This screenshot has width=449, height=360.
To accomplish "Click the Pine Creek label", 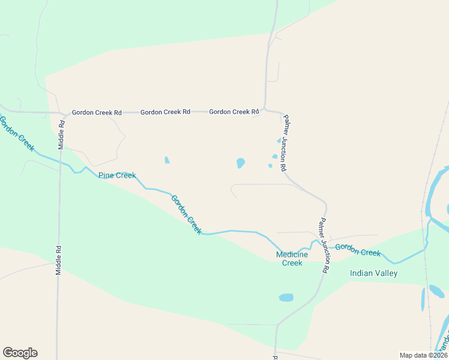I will click(117, 175).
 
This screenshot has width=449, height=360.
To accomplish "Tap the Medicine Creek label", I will click(292, 259).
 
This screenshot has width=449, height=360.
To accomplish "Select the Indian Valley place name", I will click(373, 273).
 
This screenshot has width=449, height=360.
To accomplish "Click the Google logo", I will click(20, 353).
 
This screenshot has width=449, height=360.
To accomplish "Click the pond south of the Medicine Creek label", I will click(286, 297).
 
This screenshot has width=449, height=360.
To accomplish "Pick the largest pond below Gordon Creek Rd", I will click(241, 163).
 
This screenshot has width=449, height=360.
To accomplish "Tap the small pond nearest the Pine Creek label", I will click(167, 160).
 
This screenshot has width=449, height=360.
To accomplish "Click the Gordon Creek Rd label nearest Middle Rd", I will click(97, 112).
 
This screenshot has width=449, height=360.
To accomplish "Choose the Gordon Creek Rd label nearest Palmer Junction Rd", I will click(234, 112).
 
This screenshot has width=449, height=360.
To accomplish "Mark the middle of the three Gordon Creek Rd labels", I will click(165, 112).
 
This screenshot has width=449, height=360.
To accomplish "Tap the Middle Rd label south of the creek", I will click(59, 259).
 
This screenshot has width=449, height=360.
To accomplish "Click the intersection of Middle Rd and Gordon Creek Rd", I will click(63, 113).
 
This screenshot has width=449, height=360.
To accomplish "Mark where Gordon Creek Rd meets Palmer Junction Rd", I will click(265, 110).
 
